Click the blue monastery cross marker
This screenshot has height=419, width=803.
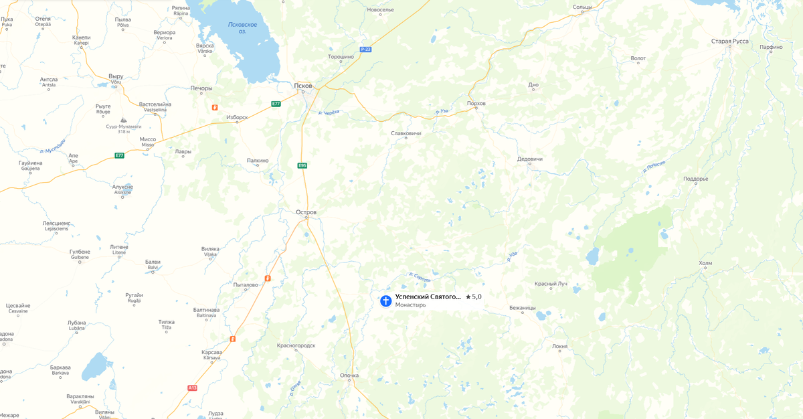pos(385,301)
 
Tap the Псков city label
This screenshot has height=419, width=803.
pos(303,86)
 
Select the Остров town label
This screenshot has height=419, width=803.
pos(306,212)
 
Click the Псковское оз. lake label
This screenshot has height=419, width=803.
pos(242,28)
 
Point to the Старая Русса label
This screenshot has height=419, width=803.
pos(729,41)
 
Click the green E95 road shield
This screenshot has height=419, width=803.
pos(302,165)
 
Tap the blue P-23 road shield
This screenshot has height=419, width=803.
pos(365,50)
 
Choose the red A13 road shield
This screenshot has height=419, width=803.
pos(193,388)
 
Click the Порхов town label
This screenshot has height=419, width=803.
pos(476,103)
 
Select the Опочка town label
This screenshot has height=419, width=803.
pos(349,375)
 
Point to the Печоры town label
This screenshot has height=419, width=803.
pos(201,88)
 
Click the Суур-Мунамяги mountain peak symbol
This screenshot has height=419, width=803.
pos(122,118)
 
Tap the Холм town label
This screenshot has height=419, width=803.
pos(705,263)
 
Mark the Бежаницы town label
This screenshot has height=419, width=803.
pos(522,308)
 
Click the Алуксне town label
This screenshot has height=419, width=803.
pos(123,187)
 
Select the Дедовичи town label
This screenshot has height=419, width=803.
pos(530,159)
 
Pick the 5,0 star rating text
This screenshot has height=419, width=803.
pos(473,297)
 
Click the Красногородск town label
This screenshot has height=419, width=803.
pos(296,345)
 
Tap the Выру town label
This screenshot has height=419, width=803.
pos(116,76)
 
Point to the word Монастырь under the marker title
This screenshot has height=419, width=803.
pos(410,305)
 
